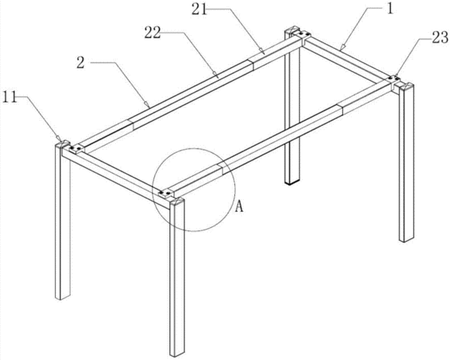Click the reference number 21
pos(199,10)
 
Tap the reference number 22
pos(153,33)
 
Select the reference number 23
pos(440,38)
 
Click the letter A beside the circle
pos(239,206)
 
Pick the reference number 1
pos(389,9)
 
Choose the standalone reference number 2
pos(81,62)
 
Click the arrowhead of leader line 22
pos(216,74)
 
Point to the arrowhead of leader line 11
pos(59,138)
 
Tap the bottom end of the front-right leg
pos(177,354)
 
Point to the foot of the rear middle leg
pos(293,182)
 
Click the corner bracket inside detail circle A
pos(165,194)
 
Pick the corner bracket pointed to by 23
pos(395,79)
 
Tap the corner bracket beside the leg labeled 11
pos(76,149)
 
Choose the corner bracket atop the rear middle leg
pos(303,35)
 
